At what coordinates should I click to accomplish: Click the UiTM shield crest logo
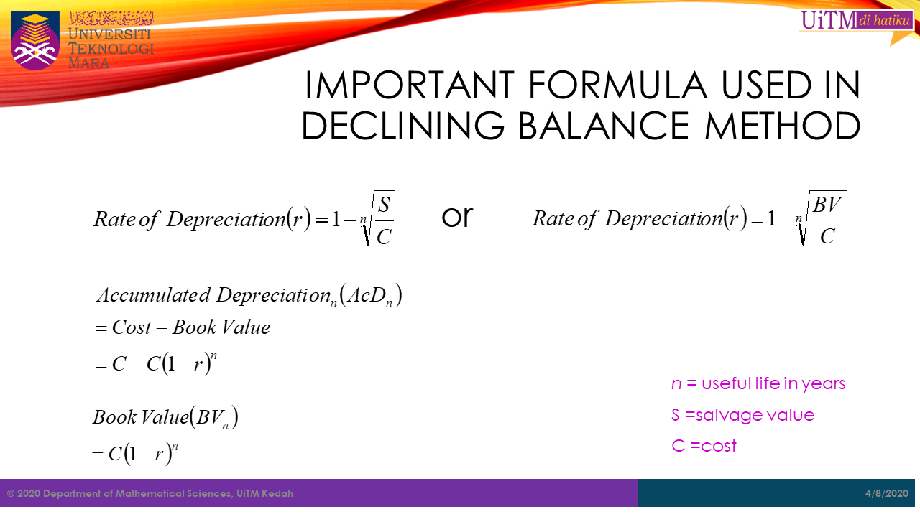click(35, 41)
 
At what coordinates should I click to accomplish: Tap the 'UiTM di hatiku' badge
click(856, 20)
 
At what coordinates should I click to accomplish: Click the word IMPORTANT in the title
click(410, 85)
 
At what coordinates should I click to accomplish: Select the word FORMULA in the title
click(617, 85)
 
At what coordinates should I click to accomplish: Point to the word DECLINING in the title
click(403, 126)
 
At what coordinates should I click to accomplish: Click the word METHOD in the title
click(783, 126)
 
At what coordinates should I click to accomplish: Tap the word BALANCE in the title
click(604, 126)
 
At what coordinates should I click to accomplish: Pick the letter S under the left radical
click(384, 205)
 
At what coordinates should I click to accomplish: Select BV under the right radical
click(827, 205)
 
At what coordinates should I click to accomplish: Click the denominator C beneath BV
click(827, 236)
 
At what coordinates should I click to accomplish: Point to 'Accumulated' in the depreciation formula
click(154, 295)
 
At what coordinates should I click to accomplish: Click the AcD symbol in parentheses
click(369, 296)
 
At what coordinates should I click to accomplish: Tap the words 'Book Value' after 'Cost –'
click(221, 327)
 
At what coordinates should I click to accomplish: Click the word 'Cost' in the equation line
click(132, 327)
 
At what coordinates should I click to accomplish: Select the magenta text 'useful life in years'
click(773, 383)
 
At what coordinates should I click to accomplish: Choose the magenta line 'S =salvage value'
click(742, 415)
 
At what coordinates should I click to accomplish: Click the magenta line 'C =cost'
click(704, 446)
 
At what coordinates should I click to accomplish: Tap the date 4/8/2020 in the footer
click(887, 493)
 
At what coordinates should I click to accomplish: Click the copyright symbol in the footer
click(11, 493)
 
